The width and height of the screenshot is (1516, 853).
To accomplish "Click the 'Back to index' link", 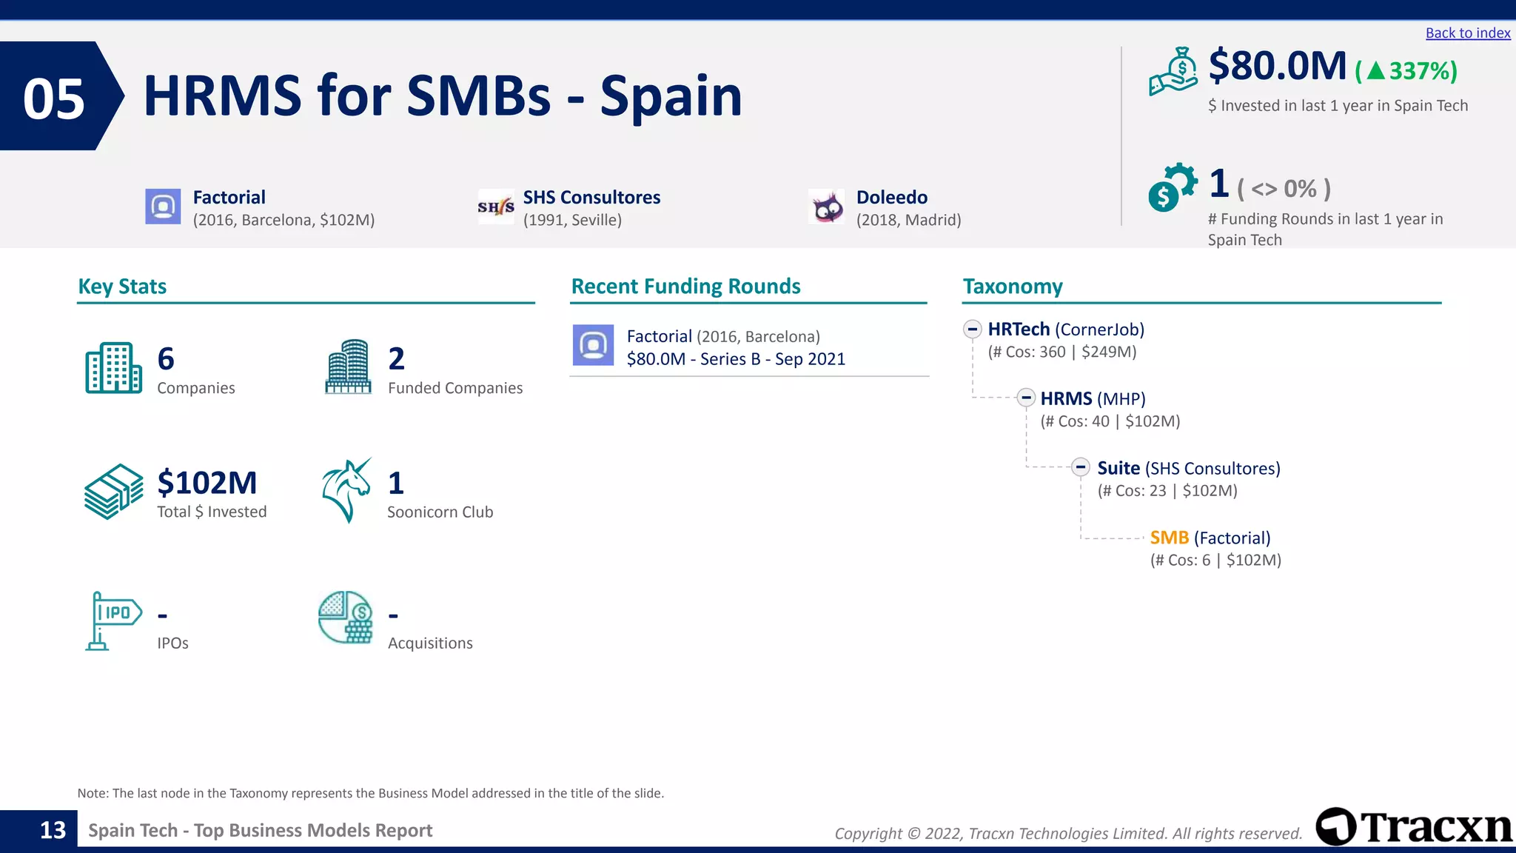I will coord(1467,33).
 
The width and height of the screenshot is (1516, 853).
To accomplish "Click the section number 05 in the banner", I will coord(54,99).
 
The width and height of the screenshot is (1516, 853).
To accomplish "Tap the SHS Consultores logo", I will coord(496,207).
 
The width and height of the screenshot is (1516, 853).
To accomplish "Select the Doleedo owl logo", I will coord(827,207).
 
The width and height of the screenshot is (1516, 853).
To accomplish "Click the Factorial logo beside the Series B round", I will coord(593,345).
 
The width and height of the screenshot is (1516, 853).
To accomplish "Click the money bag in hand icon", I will coord(1173,72).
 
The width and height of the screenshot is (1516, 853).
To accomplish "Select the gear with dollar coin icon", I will coord(1172,187).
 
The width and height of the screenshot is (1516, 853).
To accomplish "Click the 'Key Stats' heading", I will coord(122,287).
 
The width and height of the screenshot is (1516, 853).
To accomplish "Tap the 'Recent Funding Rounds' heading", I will coord(685,287).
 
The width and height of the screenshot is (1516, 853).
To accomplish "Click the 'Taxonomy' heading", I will coord(1012,287).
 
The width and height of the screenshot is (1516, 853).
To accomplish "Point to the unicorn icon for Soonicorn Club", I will coord(346,490).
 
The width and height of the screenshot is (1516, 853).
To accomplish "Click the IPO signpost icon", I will coord(113,620).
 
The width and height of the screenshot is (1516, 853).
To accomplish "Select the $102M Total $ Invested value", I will coord(207,483).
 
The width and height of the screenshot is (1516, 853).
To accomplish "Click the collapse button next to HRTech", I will coord(973,329).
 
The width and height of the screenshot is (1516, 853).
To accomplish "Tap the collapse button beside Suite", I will coord(1081,467).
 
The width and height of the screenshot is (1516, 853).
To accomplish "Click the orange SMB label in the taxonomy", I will coord(1169,538).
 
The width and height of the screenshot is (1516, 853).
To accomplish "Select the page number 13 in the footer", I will coord(53,830).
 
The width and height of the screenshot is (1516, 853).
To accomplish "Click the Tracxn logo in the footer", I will coord(1414,826).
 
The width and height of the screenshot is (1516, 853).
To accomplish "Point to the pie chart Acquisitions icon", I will coord(345,618).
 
